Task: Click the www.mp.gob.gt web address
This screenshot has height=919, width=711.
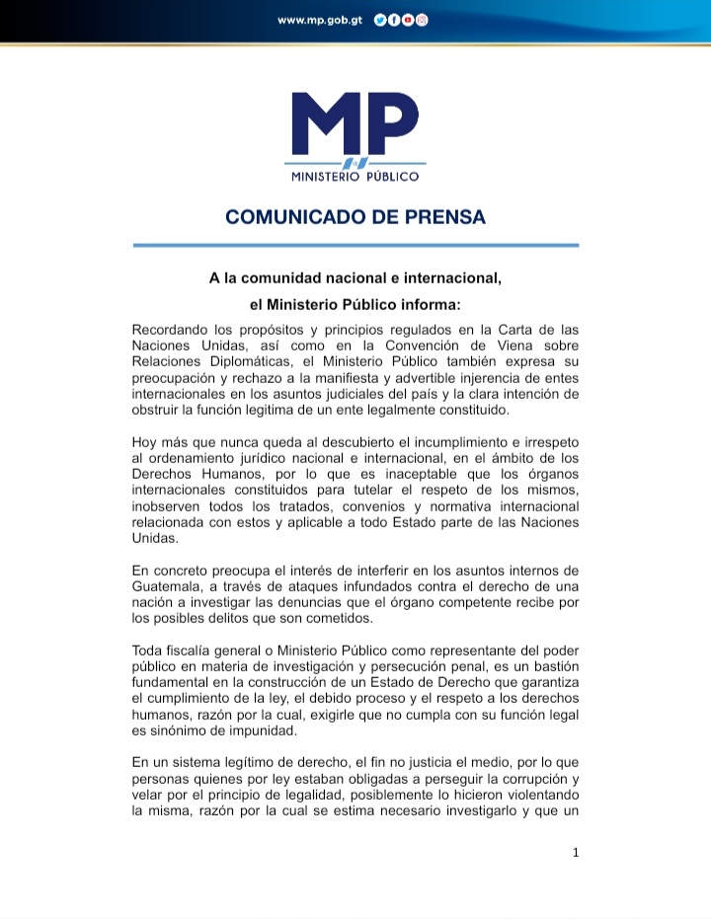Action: coord(321,20)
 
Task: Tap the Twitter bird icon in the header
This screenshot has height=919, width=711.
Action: coord(380,20)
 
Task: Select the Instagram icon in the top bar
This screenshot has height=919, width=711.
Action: coord(422,20)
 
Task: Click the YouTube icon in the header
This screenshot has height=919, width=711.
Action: coord(408,20)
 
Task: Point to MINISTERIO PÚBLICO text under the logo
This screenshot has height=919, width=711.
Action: coord(355,176)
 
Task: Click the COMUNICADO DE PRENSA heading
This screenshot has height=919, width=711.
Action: coord(355,217)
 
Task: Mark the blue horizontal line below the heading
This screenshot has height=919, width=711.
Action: coord(355,245)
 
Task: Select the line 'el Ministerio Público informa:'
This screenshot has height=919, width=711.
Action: coord(355,305)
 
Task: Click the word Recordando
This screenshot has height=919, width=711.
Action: coord(171,329)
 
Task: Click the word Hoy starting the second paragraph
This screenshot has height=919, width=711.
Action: coord(145,442)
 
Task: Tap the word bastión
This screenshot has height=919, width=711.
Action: coord(549,667)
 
